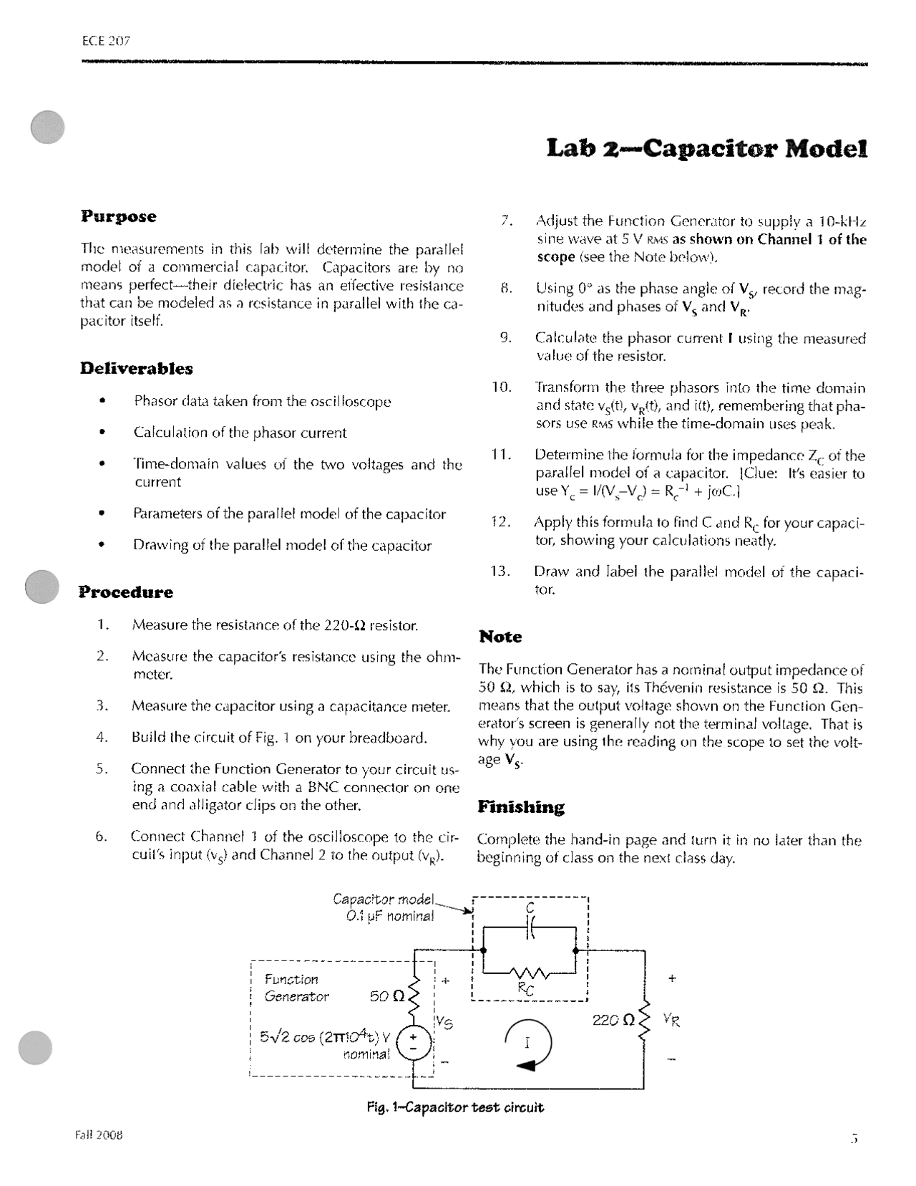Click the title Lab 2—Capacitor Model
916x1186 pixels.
(x=707, y=149)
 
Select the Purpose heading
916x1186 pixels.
(x=118, y=216)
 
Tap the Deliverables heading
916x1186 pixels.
(x=136, y=369)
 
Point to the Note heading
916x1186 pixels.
(x=500, y=637)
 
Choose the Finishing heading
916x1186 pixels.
(x=520, y=807)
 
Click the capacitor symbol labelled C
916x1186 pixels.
(x=530, y=927)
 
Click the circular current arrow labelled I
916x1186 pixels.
(x=528, y=1043)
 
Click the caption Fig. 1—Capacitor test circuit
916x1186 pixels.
(x=455, y=1107)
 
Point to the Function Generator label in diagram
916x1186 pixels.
(x=296, y=988)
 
